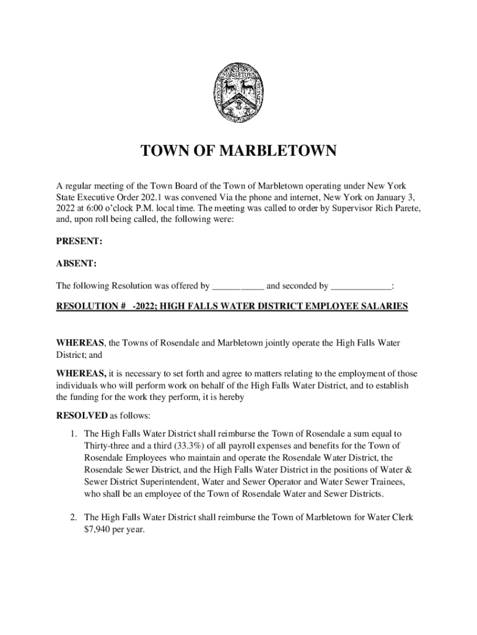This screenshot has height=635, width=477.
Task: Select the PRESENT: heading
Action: pos(79,241)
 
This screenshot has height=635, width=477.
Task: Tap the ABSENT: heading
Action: pos(76,264)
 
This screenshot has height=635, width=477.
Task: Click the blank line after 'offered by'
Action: pos(238,286)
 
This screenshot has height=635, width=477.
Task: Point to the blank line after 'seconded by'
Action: pos(361,286)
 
